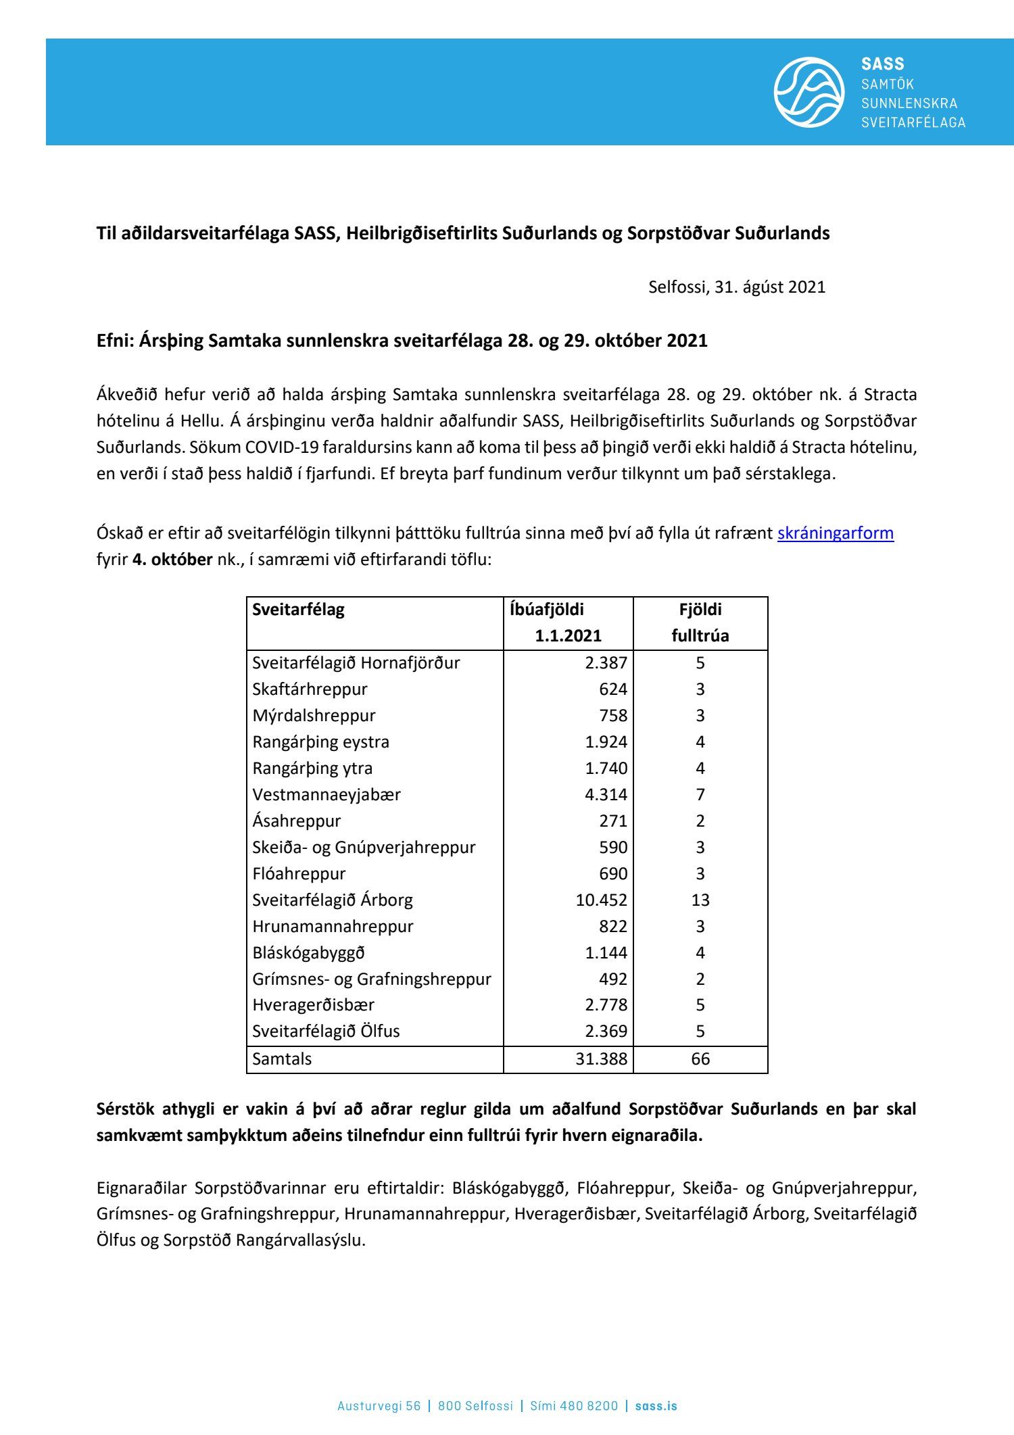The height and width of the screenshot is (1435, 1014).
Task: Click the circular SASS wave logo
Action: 808,92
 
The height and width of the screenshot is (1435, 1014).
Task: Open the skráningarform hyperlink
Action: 835,533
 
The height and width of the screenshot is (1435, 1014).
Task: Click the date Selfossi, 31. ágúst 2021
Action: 737,287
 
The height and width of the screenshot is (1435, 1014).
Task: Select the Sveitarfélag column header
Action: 298,610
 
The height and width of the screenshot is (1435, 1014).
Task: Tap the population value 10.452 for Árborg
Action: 601,900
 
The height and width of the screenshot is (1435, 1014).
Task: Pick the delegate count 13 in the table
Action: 700,900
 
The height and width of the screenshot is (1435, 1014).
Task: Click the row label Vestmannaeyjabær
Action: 327,795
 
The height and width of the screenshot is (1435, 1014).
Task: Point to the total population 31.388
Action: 601,1059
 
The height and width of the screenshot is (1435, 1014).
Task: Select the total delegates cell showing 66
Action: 700,1059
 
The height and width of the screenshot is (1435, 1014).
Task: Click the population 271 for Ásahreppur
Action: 613,821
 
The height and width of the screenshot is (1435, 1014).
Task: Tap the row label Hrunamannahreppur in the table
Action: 333,927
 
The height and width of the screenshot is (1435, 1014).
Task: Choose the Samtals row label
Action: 282,1059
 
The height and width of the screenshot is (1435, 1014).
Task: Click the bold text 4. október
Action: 172,560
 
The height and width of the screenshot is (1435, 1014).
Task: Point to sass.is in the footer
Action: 656,1406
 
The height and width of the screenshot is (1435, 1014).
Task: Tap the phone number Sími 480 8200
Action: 574,1406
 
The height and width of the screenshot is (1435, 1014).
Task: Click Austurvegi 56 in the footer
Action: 379,1406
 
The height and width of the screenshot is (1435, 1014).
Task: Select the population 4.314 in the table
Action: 606,795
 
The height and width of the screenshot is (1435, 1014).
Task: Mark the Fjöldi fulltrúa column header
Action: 700,623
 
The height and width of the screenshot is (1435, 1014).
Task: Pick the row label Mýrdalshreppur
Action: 314,716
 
